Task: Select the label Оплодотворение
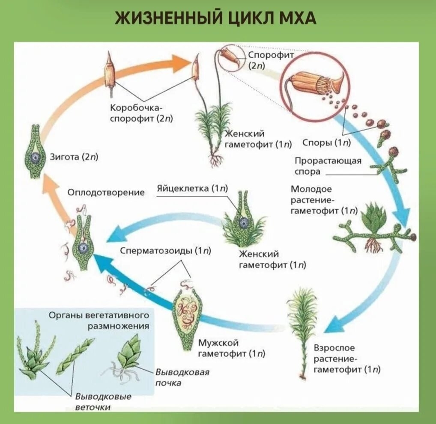pos(106,193)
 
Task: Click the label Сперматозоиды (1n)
pos(165,251)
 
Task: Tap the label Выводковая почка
pos(182,377)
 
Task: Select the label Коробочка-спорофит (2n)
pos(141,113)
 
